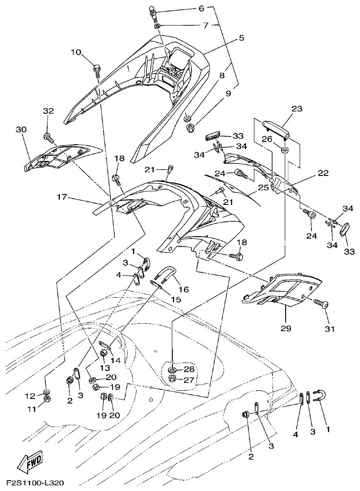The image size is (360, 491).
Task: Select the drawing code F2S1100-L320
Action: (x=38, y=484)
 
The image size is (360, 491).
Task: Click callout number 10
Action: (x=75, y=53)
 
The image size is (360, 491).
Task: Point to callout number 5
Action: (x=241, y=38)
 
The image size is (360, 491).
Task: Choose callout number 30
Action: (x=21, y=130)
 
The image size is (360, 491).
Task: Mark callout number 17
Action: (x=63, y=197)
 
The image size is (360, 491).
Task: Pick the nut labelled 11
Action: (x=47, y=398)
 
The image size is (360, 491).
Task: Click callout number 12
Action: (x=30, y=396)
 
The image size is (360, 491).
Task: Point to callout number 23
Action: (x=297, y=109)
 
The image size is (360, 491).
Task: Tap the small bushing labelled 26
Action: (x=284, y=150)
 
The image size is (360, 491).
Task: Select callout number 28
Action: (x=189, y=369)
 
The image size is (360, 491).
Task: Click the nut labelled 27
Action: (x=172, y=378)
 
